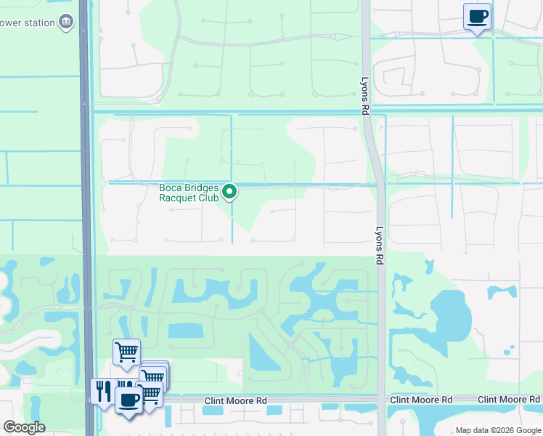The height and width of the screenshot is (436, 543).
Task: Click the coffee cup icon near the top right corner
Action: coord(477,16)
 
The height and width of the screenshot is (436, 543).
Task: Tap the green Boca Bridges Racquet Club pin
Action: coord(229,192)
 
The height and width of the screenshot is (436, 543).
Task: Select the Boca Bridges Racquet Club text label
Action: coord(189,192)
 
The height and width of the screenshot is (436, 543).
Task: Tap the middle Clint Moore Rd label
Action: coord(420,400)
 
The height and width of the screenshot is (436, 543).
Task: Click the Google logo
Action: coord(24,427)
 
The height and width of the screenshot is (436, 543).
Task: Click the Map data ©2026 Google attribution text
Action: coord(497,430)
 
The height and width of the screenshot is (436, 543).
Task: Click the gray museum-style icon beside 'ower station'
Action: coord(67,23)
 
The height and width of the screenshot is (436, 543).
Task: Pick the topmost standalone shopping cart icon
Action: coord(126,352)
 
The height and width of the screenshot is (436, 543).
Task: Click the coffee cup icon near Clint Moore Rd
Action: coord(129,399)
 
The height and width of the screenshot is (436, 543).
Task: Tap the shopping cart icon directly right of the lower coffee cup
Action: coord(150,393)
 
